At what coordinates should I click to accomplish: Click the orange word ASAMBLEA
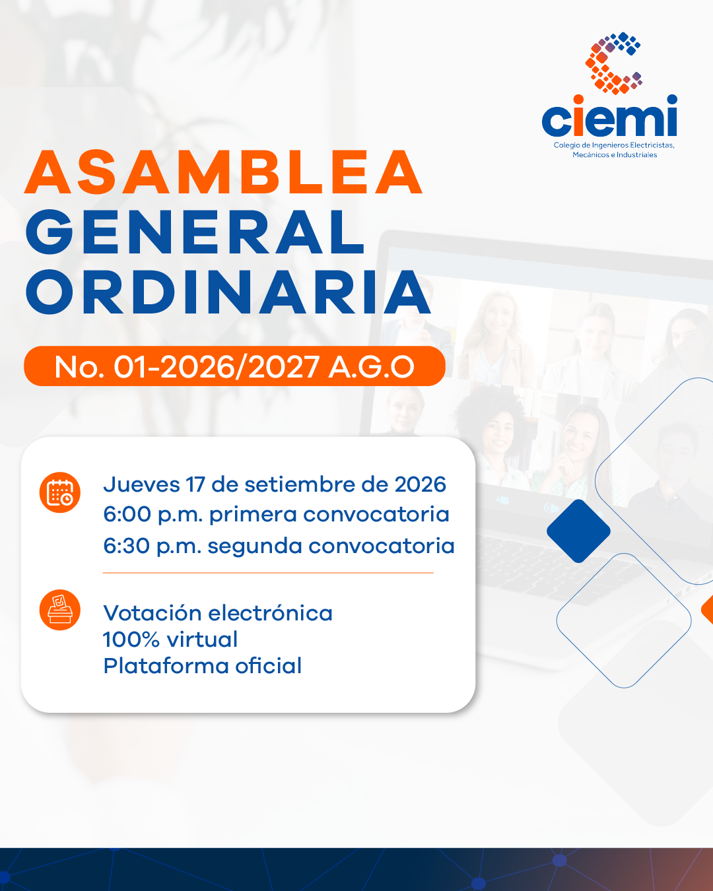[224, 172]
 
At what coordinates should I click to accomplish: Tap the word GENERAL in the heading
[195, 232]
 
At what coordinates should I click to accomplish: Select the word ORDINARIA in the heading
[228, 292]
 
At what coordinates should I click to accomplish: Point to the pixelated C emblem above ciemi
[613, 63]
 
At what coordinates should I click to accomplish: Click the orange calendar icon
[59, 492]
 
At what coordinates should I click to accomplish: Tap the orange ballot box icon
[59, 610]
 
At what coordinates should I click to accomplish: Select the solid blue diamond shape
[578, 531]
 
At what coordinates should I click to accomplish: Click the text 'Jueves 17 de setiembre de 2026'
[275, 485]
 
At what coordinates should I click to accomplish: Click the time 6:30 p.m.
[152, 546]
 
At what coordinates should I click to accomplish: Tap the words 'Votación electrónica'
[218, 613]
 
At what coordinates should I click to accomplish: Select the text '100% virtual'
[170, 640]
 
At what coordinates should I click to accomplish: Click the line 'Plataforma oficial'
[203, 666]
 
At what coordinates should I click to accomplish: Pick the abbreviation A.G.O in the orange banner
[371, 367]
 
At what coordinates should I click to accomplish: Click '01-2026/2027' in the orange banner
[217, 367]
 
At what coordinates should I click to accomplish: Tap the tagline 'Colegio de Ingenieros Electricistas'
[614, 145]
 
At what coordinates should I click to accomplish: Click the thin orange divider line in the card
[268, 573]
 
